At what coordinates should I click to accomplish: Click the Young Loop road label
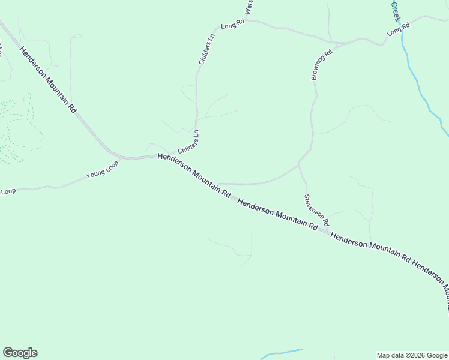[x=103, y=172]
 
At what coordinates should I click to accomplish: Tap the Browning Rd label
[x=322, y=65]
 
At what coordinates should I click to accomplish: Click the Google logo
[x=20, y=353]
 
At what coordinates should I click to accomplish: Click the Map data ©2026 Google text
[x=412, y=355]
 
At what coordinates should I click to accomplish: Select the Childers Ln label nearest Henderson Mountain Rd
[x=188, y=143]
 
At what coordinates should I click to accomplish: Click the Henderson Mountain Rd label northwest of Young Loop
[x=49, y=81]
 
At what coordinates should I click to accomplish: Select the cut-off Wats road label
[x=249, y=8]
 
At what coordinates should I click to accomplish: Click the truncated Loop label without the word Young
[x=8, y=191]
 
